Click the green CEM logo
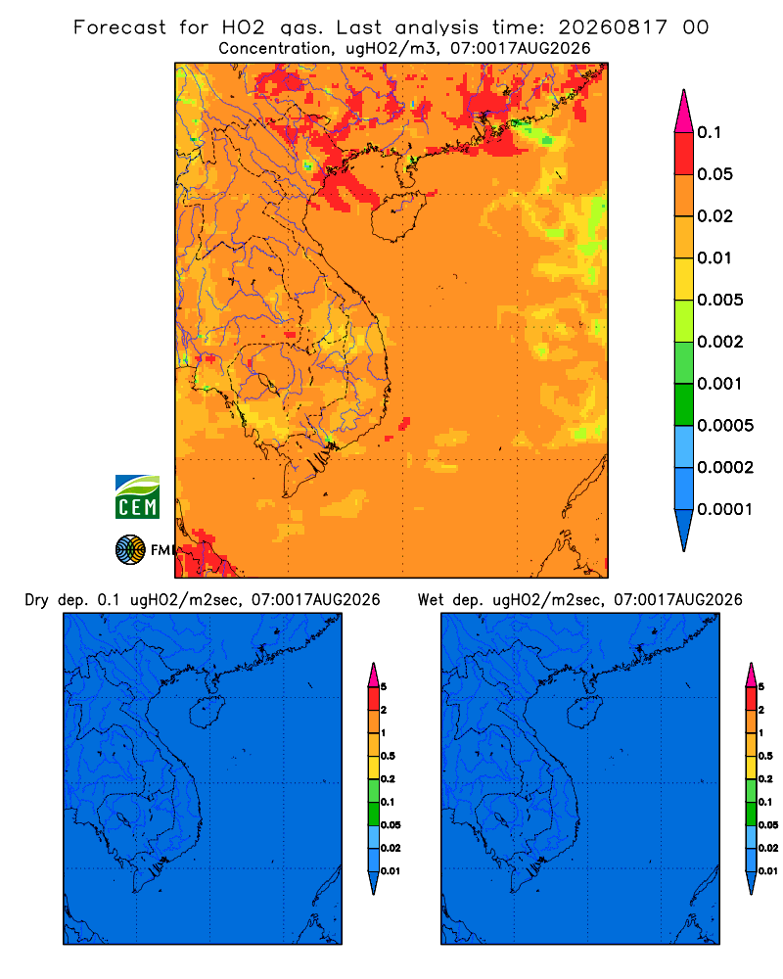(x=137, y=497)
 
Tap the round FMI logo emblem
(x=130, y=550)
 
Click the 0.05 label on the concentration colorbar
(x=714, y=174)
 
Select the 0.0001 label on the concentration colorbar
(x=725, y=509)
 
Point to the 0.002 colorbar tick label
(x=720, y=342)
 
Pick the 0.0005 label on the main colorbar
(x=725, y=425)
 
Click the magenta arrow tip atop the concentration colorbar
(x=684, y=112)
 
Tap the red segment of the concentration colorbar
(x=684, y=153)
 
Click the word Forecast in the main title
(x=119, y=27)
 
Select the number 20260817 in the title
(x=613, y=27)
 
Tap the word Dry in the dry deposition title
(x=37, y=601)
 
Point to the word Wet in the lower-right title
(x=431, y=600)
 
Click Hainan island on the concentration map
(x=397, y=216)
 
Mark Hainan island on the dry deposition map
(x=207, y=713)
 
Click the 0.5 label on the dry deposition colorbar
(x=388, y=756)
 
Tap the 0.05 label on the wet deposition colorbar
(x=768, y=824)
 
